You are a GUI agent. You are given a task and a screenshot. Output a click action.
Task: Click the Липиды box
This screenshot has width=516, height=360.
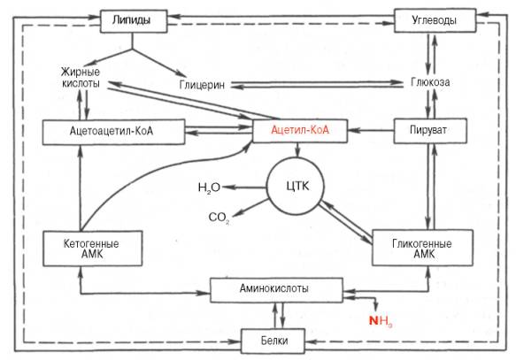tap(134, 21)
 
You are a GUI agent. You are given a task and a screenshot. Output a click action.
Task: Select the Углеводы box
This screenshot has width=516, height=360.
tap(435, 20)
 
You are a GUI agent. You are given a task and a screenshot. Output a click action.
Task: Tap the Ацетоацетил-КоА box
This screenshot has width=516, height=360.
tap(113, 132)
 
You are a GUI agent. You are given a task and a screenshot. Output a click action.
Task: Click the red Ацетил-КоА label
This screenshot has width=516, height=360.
tap(300, 130)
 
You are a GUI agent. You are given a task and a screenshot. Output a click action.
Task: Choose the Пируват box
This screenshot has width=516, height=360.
tap(430, 131)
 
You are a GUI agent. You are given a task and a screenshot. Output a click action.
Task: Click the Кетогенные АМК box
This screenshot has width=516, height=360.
tap(92, 249)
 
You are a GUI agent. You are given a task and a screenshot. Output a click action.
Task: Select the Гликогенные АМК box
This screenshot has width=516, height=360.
tap(422, 248)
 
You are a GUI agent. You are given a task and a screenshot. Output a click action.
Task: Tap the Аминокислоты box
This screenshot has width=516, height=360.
tap(276, 290)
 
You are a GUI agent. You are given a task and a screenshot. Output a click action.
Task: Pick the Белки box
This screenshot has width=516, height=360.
tap(273, 341)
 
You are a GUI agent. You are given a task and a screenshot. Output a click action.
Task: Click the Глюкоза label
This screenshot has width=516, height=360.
tap(430, 82)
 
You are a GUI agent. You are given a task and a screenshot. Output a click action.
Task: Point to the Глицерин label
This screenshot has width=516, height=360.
tap(202, 85)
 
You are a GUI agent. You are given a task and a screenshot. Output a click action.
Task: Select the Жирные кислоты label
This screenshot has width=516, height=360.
tap(81, 78)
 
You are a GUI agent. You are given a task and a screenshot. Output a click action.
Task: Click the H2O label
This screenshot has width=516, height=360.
tap(209, 188)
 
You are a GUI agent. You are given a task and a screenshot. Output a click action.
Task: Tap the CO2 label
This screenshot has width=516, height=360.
tap(219, 218)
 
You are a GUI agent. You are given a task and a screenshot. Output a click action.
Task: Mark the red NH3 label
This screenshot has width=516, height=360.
tap(381, 320)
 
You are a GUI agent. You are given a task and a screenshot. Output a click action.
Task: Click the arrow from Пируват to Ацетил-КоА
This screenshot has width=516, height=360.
tap(371, 131)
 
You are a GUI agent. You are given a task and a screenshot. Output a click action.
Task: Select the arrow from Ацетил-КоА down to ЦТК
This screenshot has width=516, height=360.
tap(297, 150)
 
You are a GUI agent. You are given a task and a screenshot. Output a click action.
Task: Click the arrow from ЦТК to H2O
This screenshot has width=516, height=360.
tap(244, 188)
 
